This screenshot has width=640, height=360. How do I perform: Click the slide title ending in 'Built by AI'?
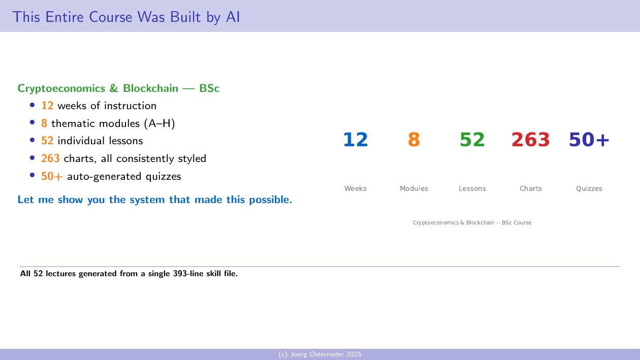[126, 17]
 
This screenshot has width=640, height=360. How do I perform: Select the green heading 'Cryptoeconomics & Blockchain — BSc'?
[118, 88]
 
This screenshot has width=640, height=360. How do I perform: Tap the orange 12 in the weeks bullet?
[47, 106]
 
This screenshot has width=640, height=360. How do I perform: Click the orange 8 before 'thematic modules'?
[44, 123]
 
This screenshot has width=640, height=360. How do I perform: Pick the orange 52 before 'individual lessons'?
[47, 141]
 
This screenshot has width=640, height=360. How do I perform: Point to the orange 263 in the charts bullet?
[50, 158]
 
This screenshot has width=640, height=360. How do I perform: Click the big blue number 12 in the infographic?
[356, 140]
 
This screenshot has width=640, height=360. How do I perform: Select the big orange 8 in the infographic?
[414, 140]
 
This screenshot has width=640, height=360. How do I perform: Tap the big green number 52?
[472, 140]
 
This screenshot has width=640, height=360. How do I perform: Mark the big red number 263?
[531, 140]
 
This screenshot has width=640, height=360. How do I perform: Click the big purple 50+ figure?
[589, 140]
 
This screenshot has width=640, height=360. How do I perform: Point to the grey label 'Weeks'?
[356, 188]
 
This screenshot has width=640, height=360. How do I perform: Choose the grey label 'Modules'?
[414, 188]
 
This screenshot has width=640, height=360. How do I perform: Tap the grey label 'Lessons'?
[472, 188]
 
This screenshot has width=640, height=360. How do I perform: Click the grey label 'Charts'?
[531, 188]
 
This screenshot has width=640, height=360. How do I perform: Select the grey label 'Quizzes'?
[589, 188]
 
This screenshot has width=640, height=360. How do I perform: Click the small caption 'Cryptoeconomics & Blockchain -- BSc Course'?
[472, 222]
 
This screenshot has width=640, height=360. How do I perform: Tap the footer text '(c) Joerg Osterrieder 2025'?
[320, 354]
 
